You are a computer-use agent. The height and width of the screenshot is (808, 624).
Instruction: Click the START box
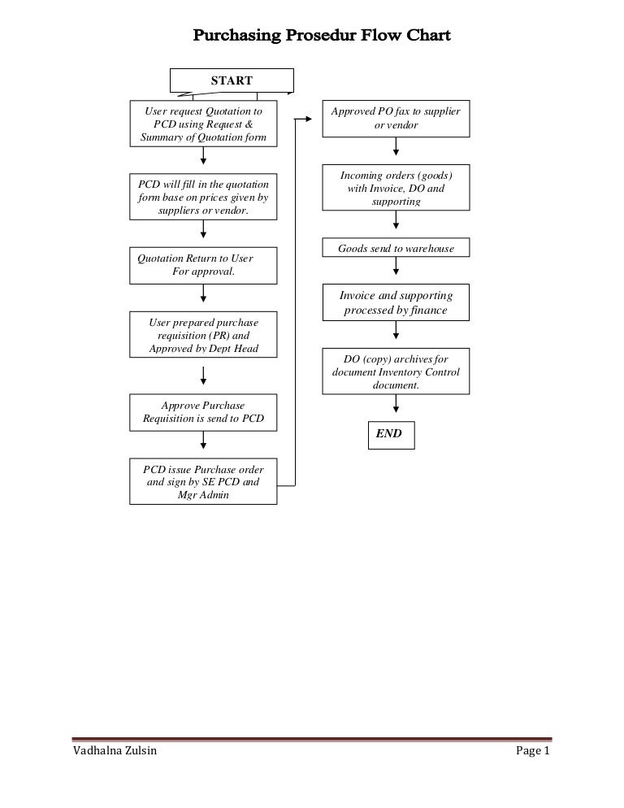[x=232, y=80]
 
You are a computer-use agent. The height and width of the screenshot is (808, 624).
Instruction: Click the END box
[x=389, y=434]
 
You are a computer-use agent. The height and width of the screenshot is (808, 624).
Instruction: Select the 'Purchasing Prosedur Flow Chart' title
[x=320, y=37]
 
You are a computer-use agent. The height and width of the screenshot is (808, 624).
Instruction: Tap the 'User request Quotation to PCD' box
[x=203, y=124]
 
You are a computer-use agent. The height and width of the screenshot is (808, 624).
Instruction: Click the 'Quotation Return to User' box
[x=203, y=264]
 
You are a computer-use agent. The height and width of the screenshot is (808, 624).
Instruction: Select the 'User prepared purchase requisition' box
[x=203, y=335]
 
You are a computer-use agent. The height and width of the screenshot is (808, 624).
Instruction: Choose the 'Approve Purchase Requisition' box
[x=203, y=413]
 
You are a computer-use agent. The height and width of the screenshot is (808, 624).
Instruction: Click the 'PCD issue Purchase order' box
[x=203, y=481]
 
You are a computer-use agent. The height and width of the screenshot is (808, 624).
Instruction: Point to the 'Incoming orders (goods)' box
[x=396, y=188]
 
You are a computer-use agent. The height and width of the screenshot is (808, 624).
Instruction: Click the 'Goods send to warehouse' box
[x=396, y=248]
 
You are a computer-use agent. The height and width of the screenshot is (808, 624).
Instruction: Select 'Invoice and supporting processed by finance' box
[x=396, y=302]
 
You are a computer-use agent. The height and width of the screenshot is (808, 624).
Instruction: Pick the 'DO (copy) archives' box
[x=396, y=371]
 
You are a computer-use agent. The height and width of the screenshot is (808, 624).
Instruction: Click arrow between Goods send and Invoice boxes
[x=396, y=269]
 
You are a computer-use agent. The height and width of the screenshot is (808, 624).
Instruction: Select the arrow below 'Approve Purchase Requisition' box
[x=203, y=440]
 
